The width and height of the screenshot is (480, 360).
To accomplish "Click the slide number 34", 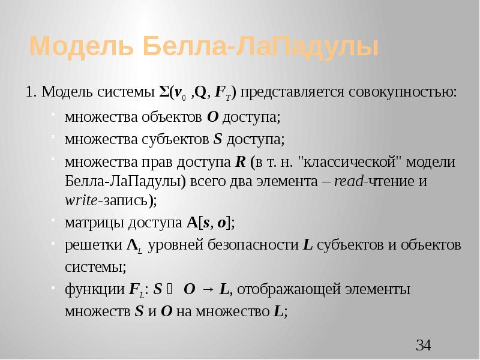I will [x=424, y=345].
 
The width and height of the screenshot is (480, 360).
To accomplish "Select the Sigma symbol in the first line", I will [x=163, y=92].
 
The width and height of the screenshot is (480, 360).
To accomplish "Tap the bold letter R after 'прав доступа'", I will [x=240, y=163].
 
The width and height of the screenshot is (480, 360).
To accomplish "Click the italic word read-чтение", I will [x=370, y=181].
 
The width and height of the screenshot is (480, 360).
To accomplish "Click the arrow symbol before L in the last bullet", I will [x=208, y=289].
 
